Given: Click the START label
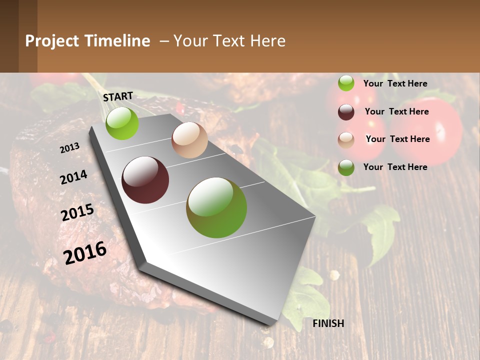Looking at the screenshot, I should pos(118,96).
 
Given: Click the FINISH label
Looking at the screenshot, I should pos(328,323).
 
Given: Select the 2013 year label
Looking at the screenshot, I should pos(69,147).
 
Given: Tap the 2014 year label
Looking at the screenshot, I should pos(73,177).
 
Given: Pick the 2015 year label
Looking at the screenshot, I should pos(77,212).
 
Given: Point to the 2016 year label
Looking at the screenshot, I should pos(85,252).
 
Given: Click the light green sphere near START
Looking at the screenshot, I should pos(122,123).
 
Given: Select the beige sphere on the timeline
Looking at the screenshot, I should pos(189,140).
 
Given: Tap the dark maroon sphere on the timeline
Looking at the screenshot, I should pos(145,180).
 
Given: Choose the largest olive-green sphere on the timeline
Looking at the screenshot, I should pos(216,207).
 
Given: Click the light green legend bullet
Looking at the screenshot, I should pos(346,83).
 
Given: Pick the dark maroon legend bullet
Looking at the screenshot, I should pos(346,112).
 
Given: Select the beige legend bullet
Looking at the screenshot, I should pos(346,140).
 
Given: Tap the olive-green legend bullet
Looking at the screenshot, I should pos(346,167).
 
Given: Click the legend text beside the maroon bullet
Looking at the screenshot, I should pos(396,111).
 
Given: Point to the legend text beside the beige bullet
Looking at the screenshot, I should pos(397,139).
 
